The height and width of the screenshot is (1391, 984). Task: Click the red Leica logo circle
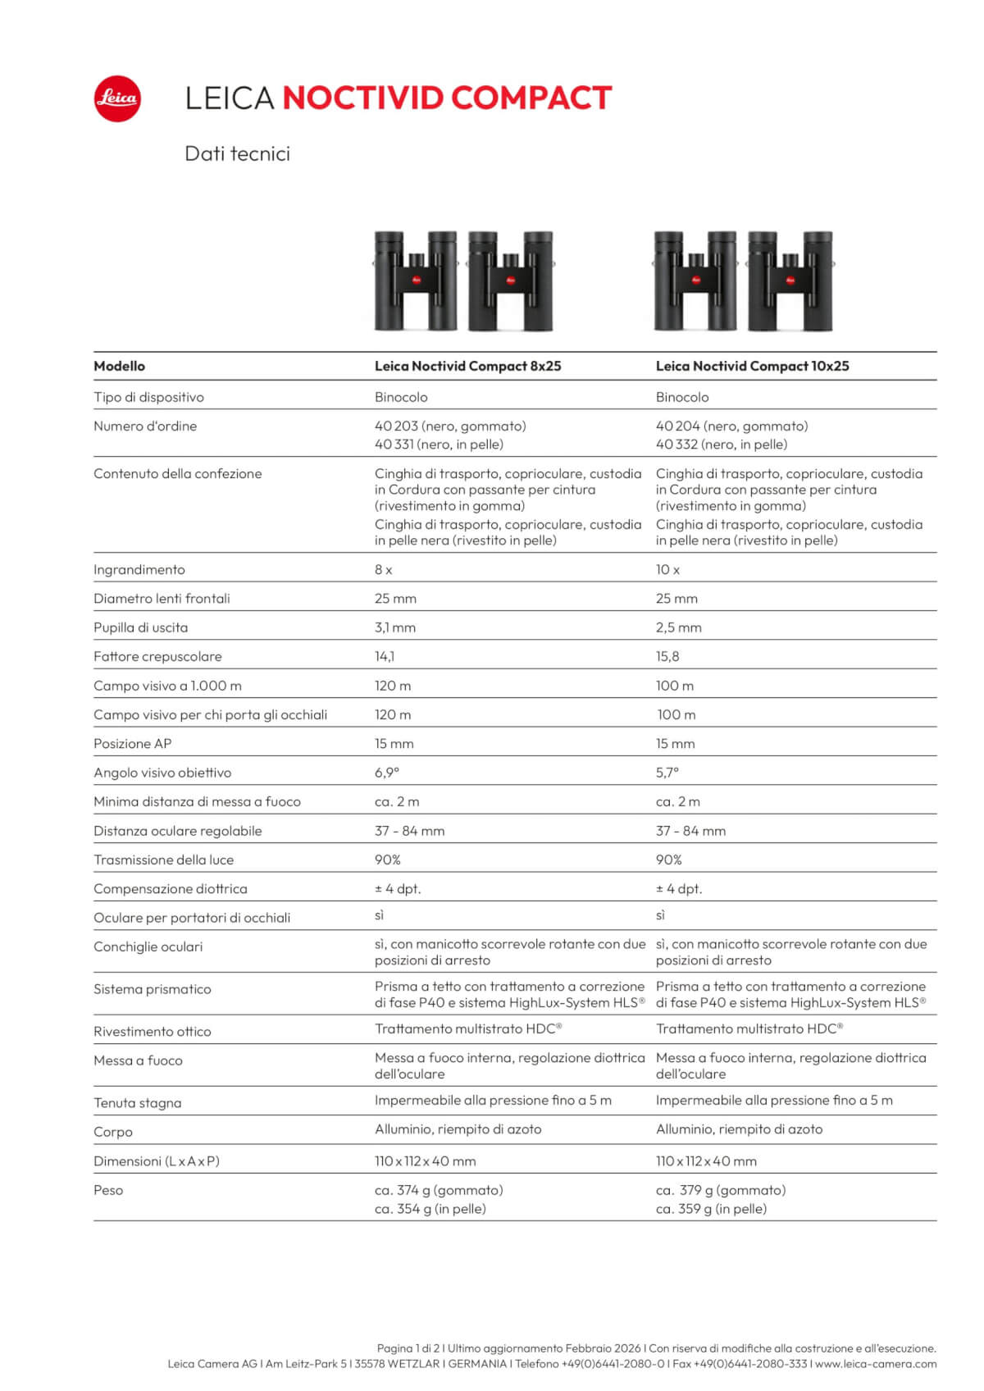tap(117, 99)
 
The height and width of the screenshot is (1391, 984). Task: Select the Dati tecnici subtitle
tap(237, 154)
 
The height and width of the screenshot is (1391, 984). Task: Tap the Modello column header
tap(119, 367)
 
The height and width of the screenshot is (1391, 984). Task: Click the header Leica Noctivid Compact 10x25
tap(752, 367)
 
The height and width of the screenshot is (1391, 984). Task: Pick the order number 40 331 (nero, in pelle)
tap(439, 445)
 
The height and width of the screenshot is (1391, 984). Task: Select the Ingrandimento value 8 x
tap(383, 570)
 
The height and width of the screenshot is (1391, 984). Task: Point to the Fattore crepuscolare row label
tap(157, 657)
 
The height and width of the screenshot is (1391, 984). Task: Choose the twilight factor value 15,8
tap(667, 657)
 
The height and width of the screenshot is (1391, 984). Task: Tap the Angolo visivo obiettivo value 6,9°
tap(387, 773)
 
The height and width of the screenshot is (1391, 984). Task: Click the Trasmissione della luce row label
tap(163, 860)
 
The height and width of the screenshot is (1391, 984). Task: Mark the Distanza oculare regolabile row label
tap(177, 831)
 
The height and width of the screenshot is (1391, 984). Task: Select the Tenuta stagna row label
tap(137, 1103)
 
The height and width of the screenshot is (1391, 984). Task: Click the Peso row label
tap(108, 1190)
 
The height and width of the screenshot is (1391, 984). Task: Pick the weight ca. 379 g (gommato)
tap(720, 1190)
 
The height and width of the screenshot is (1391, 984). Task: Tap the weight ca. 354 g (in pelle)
tap(430, 1209)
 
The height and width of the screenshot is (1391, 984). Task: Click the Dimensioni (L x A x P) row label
tap(156, 1161)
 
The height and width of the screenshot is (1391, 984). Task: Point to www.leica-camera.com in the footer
tap(876, 1364)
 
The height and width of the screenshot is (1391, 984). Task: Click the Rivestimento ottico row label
tap(152, 1032)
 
